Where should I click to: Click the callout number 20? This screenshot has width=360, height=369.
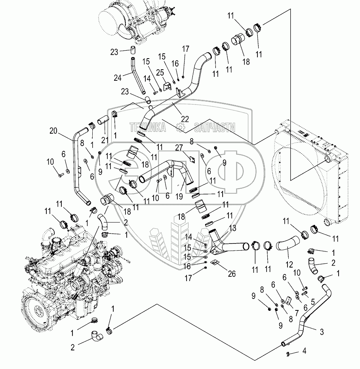(x=53, y=131)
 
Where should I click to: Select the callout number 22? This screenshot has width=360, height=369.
(x=185, y=119)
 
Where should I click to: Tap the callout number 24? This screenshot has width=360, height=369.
(x=118, y=78)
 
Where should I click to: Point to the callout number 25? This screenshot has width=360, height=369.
(x=160, y=72)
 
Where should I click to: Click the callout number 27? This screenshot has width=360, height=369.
(x=179, y=148)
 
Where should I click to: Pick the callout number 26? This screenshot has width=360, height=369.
(x=232, y=274)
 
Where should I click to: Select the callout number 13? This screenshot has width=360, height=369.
(x=232, y=228)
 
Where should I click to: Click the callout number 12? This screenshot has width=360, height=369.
(x=289, y=264)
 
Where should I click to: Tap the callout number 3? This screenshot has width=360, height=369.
(x=322, y=332)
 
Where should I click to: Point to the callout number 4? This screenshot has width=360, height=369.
(x=304, y=351)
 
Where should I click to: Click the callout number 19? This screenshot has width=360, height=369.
(x=179, y=196)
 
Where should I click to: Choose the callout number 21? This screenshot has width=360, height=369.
(x=105, y=140)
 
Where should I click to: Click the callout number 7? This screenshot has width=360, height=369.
(x=297, y=313)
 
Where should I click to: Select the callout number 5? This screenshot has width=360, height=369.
(x=312, y=302)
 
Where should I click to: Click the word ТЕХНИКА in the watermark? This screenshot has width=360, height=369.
(x=148, y=127)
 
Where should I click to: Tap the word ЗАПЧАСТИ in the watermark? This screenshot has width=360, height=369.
(x=215, y=127)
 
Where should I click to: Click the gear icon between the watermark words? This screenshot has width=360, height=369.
(x=180, y=127)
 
